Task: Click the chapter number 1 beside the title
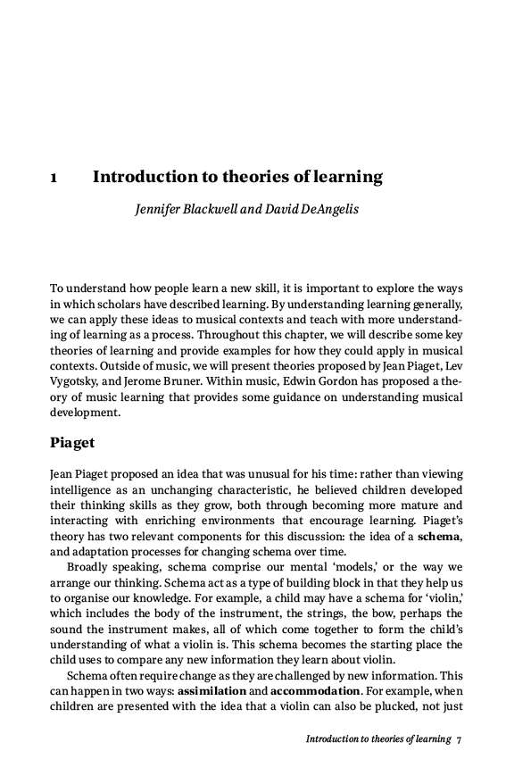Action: (54, 177)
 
